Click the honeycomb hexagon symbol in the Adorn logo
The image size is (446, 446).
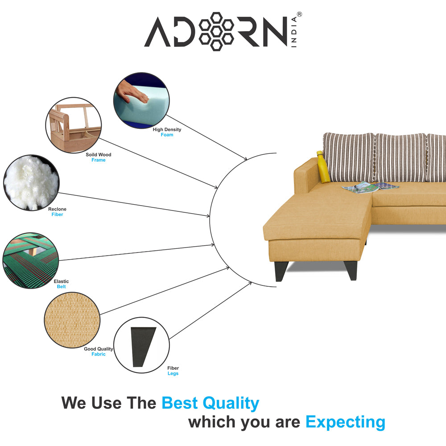(216, 31)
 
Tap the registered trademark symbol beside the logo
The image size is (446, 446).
(299, 14)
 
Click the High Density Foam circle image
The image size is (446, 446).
(141, 101)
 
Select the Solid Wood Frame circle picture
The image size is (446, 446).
(74, 125)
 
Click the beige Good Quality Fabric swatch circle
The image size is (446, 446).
(72, 320)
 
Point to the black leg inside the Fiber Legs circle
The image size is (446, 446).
(142, 347)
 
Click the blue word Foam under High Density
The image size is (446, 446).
(167, 135)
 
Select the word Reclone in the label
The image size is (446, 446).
(57, 209)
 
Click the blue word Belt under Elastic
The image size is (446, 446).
(61, 287)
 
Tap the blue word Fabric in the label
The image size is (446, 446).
(99, 354)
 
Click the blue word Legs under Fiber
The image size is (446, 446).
(173, 373)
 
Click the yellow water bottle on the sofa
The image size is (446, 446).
(323, 167)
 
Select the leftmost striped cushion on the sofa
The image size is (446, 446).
(347, 157)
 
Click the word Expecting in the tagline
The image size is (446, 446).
(345, 421)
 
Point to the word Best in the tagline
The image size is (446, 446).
(180, 403)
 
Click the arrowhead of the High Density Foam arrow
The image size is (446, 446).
(245, 159)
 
